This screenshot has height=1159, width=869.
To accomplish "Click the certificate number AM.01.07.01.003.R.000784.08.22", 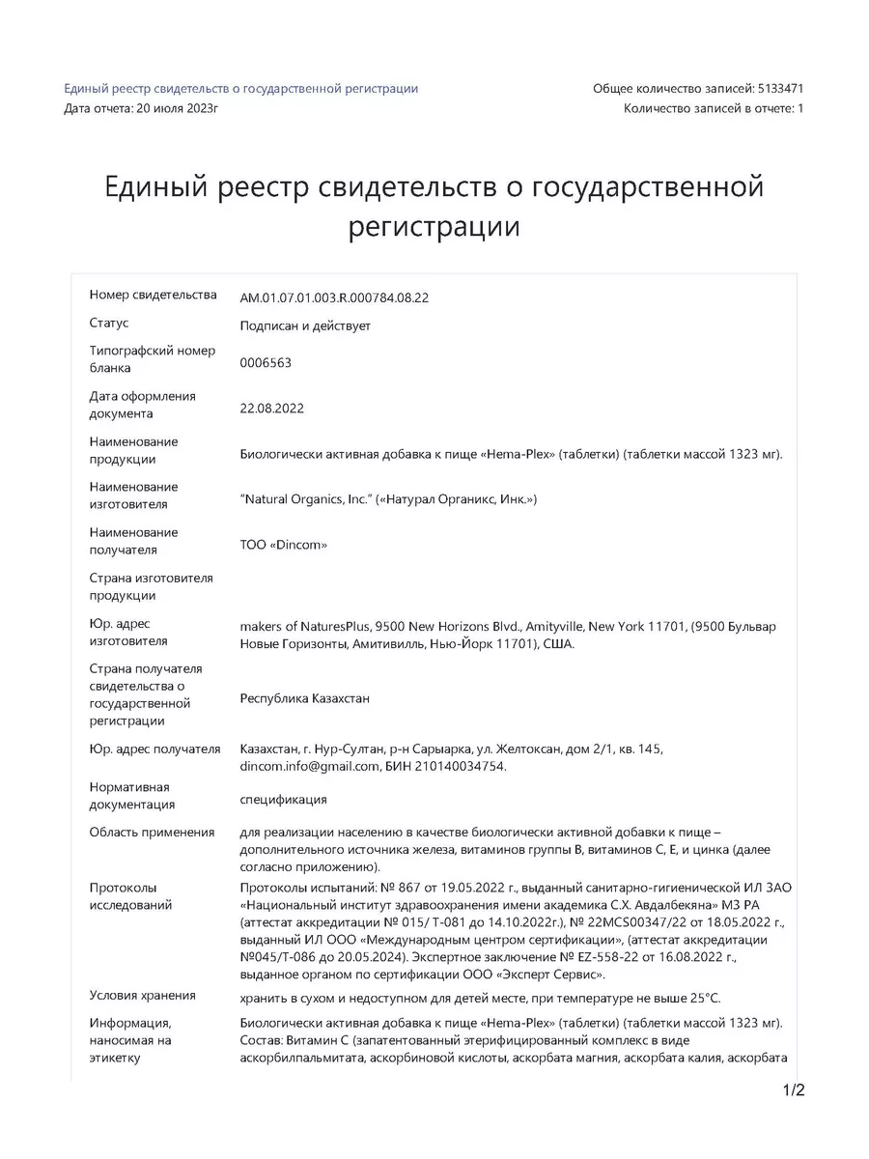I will tap(334, 297).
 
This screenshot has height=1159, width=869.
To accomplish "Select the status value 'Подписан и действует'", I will tap(305, 325).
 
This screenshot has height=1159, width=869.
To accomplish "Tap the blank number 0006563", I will tap(266, 363).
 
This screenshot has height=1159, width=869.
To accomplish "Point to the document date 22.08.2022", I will tap(272, 409).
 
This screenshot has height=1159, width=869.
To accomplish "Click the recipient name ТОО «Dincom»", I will tap(284, 545).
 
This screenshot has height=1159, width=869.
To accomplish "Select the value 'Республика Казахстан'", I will tap(305, 698).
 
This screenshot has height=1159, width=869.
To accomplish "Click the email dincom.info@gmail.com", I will tap(308, 767).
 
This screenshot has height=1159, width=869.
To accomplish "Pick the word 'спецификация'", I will tap(283, 800).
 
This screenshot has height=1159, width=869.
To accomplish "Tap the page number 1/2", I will tap(793, 1092).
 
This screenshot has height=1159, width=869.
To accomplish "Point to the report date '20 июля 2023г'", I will tap(179, 108).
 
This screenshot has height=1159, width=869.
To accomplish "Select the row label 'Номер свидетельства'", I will tap(154, 295).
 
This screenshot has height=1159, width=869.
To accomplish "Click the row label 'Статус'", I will tap(109, 323).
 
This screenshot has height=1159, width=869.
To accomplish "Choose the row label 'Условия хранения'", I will tap(143, 995).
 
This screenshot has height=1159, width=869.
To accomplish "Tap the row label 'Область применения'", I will tap(153, 832).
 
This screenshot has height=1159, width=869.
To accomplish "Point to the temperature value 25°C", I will tap(702, 998).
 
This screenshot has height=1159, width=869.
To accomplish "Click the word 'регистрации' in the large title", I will tap(434, 228).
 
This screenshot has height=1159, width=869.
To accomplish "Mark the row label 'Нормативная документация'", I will tap(132, 796).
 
